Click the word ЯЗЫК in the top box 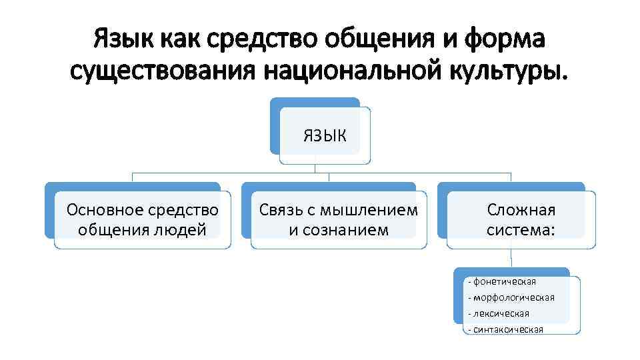pos(325,135)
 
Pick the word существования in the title pos(163,69)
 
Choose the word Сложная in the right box pos(521,211)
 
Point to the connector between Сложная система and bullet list pos(511,259)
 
